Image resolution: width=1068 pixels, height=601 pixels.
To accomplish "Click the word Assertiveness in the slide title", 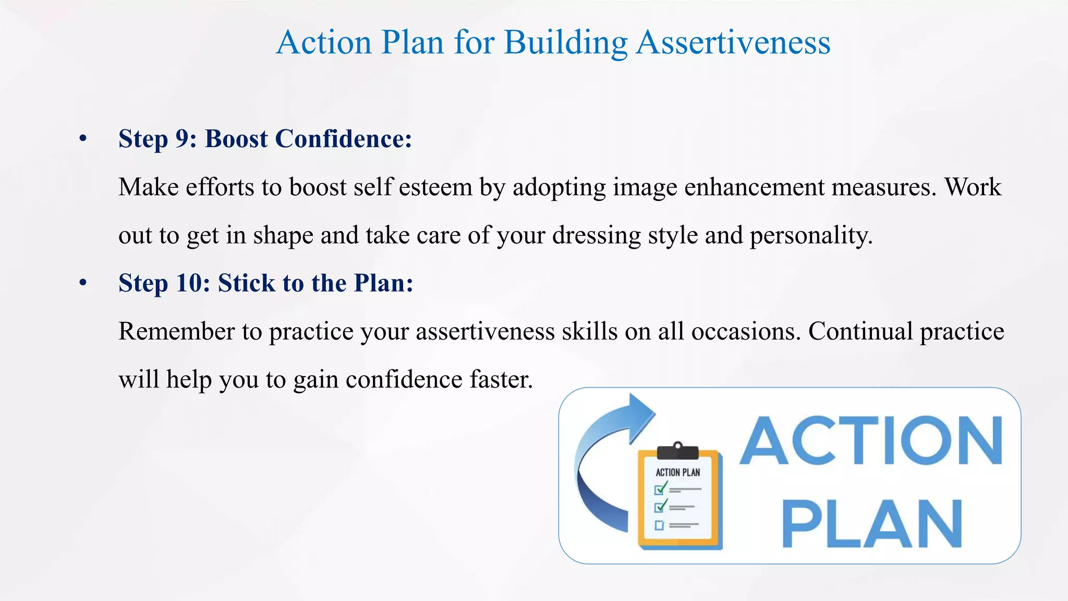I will (733, 43).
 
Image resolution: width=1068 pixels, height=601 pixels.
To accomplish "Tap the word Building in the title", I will (565, 43).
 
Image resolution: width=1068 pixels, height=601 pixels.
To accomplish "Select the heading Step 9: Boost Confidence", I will (265, 139).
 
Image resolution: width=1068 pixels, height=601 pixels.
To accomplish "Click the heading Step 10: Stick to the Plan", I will (265, 283).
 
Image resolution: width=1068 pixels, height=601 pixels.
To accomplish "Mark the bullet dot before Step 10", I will (83, 283).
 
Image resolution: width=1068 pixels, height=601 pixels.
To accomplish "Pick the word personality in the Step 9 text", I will (811, 236).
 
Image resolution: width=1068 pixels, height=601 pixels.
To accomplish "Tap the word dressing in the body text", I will (596, 236).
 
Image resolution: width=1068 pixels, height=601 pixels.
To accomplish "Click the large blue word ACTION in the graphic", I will (871, 441).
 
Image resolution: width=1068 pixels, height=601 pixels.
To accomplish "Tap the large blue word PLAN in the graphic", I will (872, 523).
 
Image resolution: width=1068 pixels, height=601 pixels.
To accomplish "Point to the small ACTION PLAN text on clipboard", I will (677, 473).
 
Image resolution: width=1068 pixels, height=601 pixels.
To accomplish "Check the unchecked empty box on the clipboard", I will (660, 525).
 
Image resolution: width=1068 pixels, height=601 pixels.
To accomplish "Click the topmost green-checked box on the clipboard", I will (660, 489).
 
